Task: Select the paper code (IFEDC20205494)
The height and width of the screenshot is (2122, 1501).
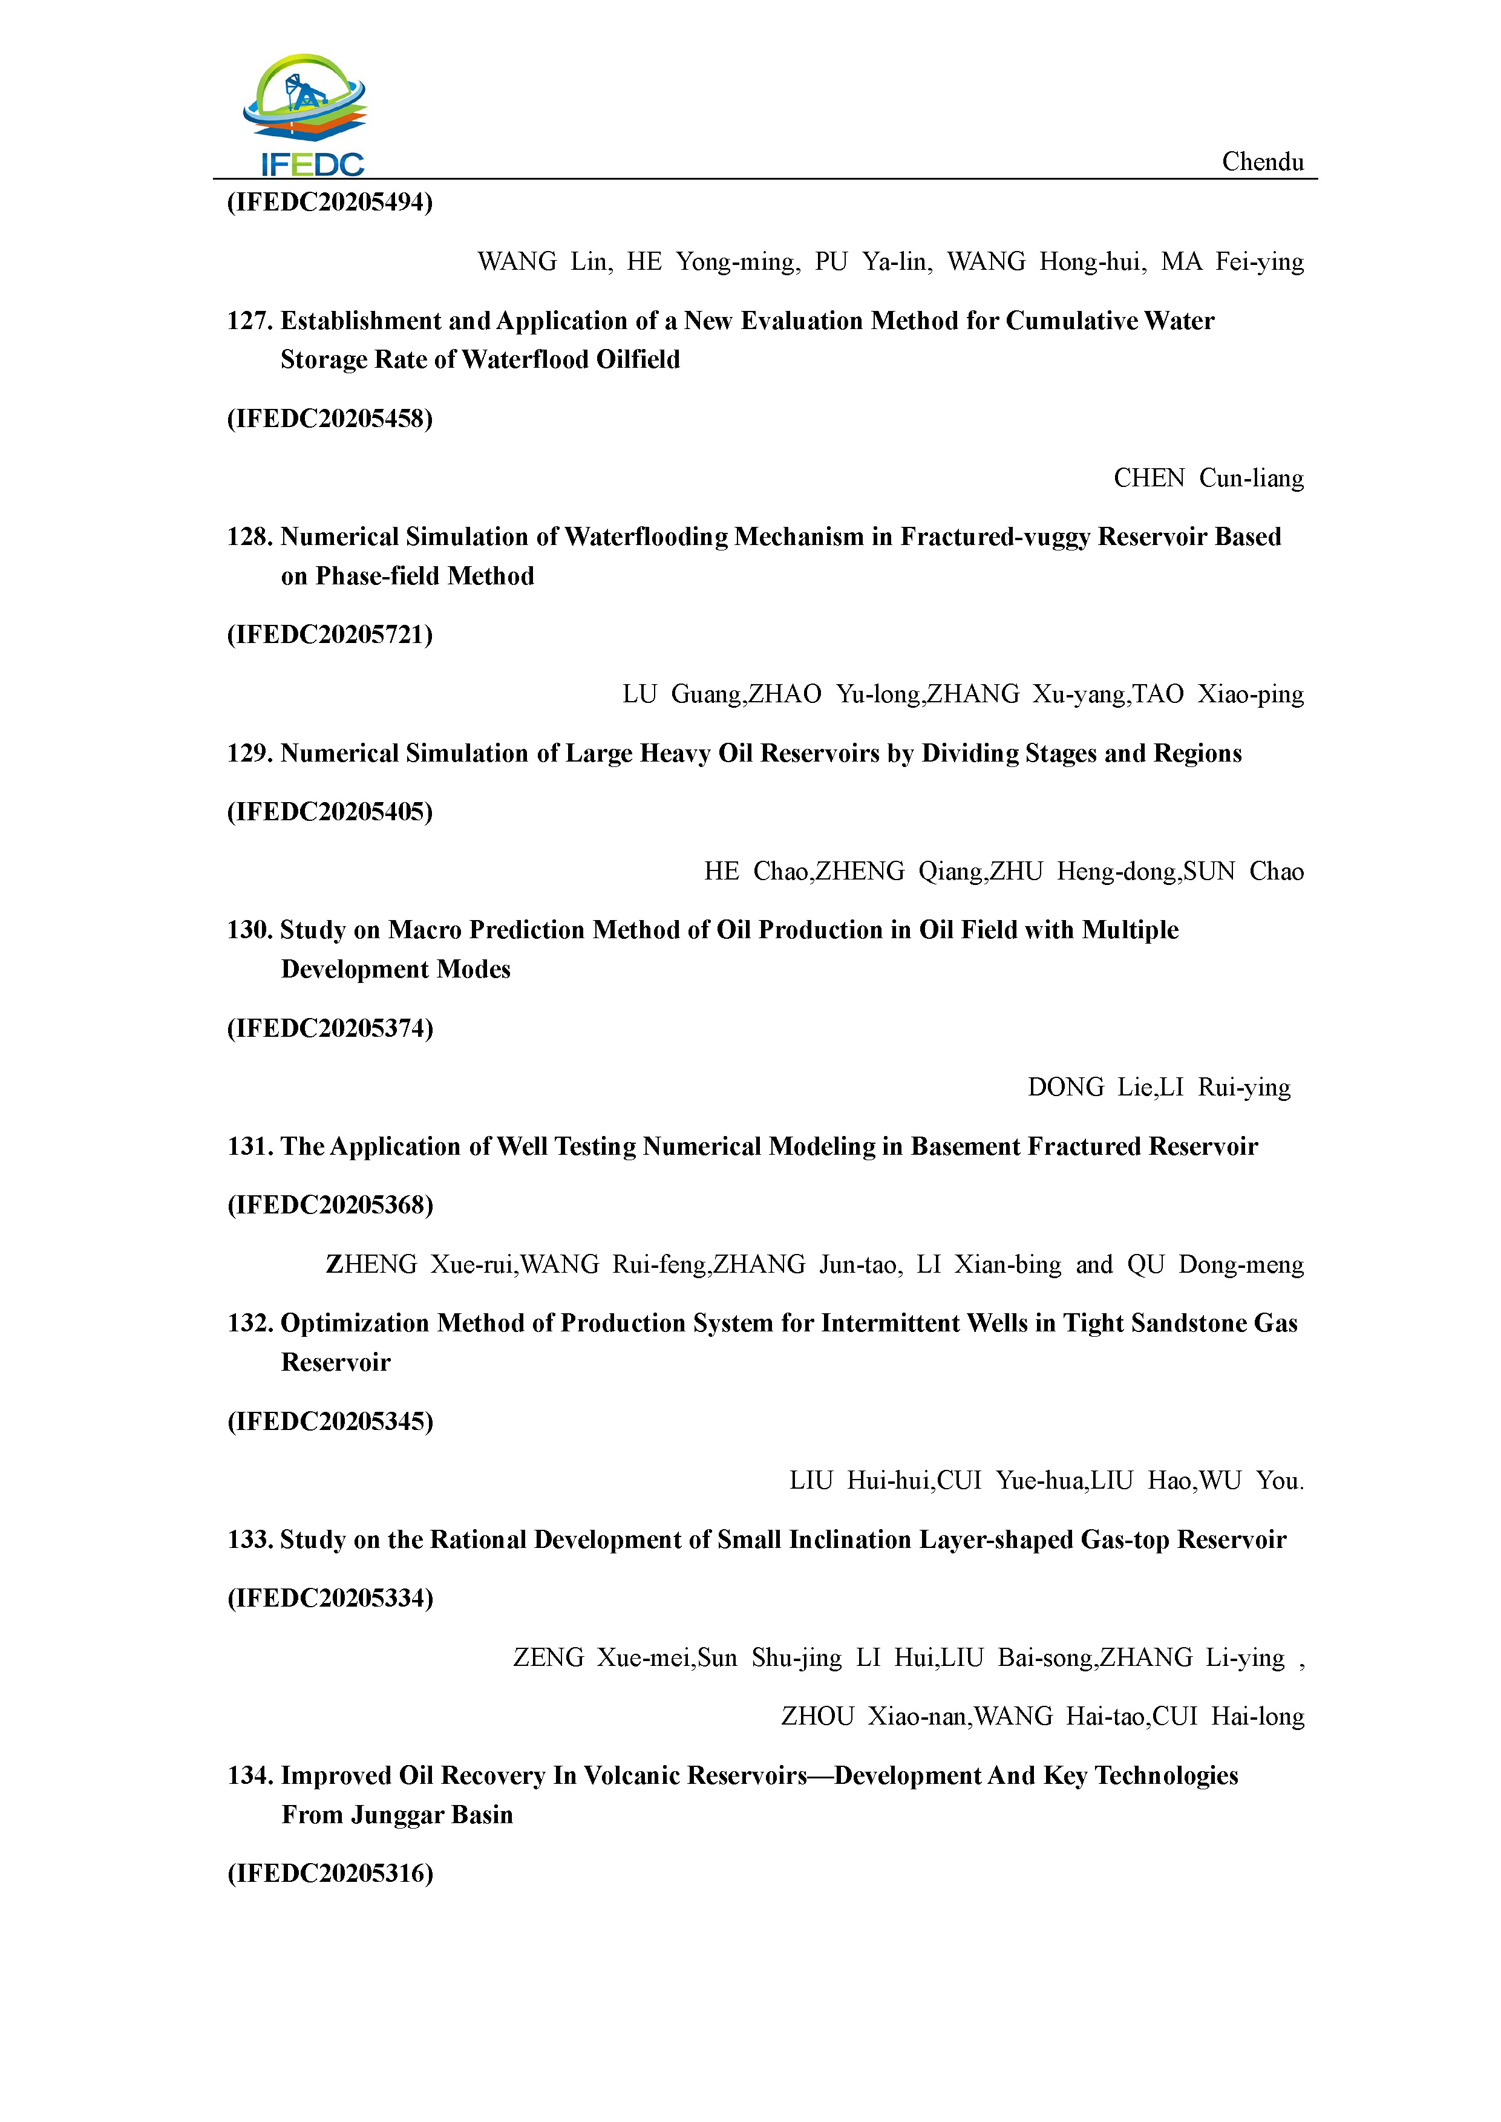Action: [330, 203]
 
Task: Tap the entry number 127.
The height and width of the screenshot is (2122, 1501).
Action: [250, 321]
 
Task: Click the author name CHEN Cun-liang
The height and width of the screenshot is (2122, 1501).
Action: [1208, 478]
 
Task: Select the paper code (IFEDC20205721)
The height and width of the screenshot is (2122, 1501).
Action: [330, 635]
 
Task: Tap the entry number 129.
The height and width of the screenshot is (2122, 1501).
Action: [250, 753]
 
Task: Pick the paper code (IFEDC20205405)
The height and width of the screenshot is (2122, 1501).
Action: [330, 812]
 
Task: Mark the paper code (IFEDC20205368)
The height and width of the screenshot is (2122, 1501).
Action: [330, 1205]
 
